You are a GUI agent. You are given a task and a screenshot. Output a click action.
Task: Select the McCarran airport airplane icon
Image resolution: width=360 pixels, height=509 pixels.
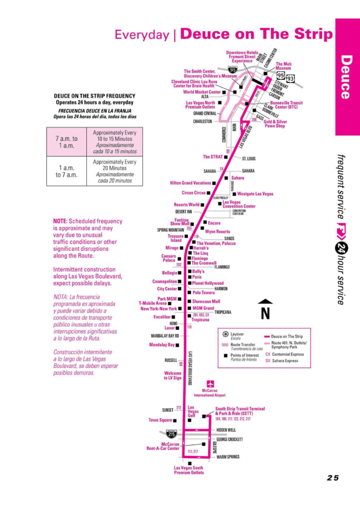[210, 383]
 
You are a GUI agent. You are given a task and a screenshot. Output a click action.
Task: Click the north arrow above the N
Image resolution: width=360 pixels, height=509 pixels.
[265, 302]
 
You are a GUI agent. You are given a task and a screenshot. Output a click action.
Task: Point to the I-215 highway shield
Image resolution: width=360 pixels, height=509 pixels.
[172, 434]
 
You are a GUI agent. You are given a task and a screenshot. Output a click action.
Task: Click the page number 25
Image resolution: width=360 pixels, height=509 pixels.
[333, 478]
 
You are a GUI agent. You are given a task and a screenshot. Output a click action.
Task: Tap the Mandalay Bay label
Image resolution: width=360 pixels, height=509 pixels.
[162, 345]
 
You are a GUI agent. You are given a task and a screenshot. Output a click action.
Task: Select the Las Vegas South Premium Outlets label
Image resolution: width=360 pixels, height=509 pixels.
[189, 470]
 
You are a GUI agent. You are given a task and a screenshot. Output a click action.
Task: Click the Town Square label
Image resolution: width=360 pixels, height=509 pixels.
[160, 420]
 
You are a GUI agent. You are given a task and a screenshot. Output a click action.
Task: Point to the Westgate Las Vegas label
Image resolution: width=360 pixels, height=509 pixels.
[255, 193]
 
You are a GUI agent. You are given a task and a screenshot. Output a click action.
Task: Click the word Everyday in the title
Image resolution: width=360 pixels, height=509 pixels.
[142, 34]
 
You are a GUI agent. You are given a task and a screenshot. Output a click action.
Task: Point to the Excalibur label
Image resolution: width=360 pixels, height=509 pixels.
[162, 318]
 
